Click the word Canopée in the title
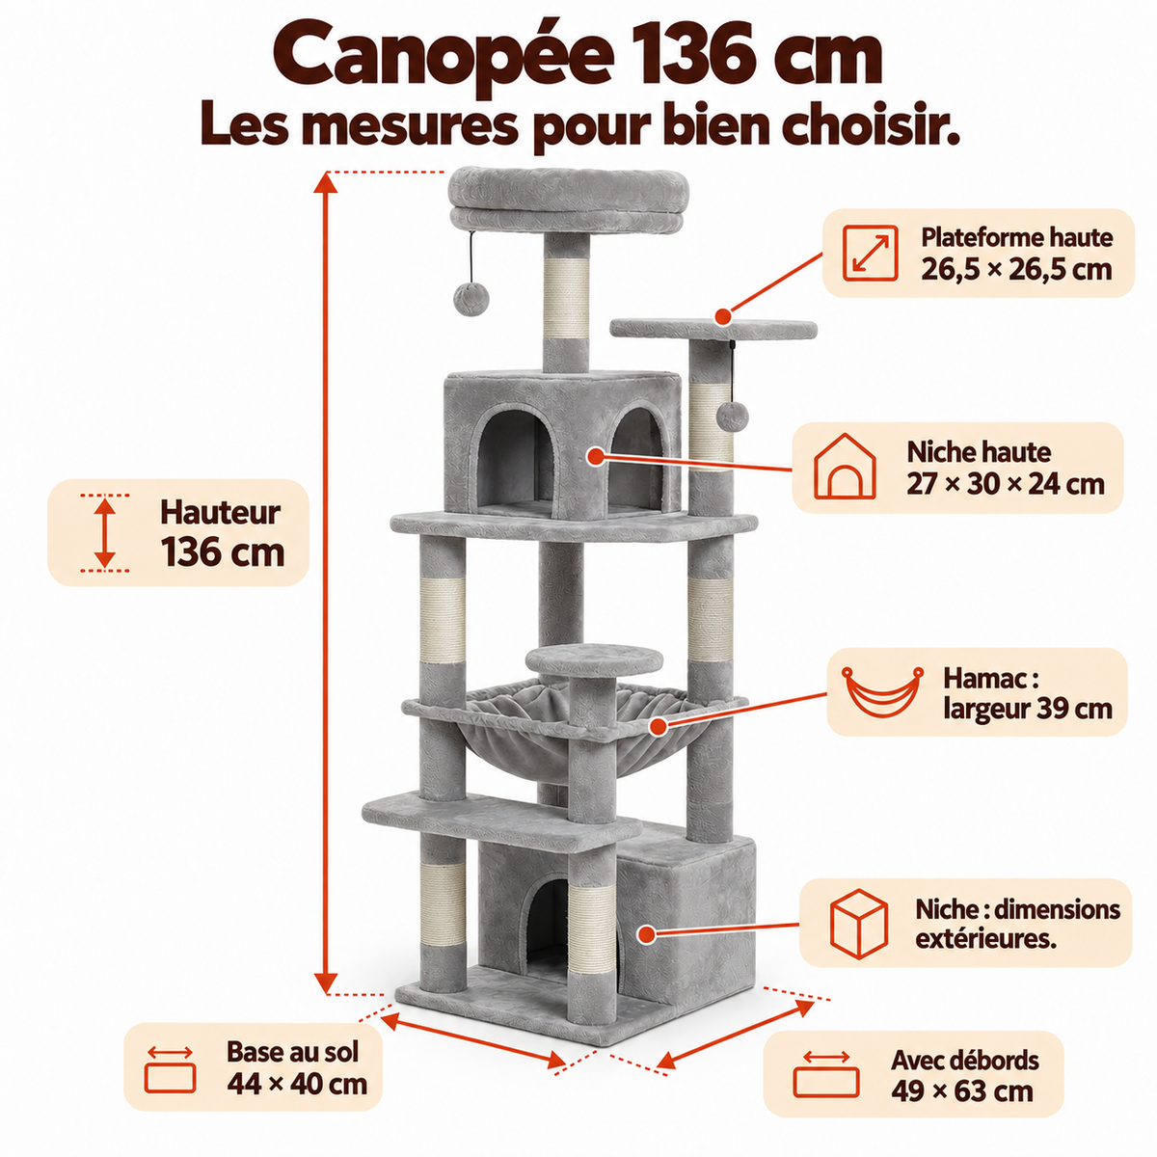(444, 57)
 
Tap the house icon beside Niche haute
(845, 466)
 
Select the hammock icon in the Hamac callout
(882, 692)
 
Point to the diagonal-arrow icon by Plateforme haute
(870, 253)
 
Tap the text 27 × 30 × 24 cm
(1006, 483)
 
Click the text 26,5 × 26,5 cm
(1016, 269)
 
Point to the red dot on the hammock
(659, 727)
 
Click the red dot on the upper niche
(596, 457)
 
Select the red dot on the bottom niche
(646, 934)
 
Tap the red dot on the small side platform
(723, 316)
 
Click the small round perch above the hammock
(595, 659)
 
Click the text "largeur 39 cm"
(1028, 709)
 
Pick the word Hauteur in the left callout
(221, 513)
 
